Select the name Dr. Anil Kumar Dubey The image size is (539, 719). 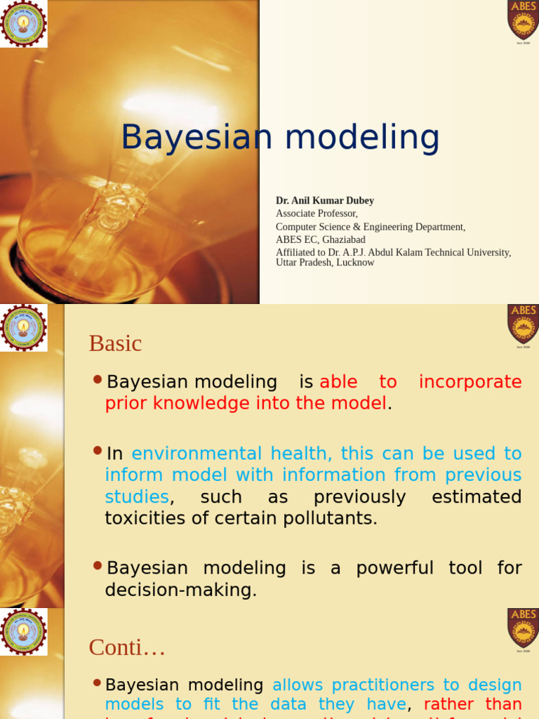pos(325,201)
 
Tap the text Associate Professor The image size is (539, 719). pos(317,213)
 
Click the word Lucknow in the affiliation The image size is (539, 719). pos(355,263)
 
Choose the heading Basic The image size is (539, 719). pos(115,343)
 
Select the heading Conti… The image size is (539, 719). pos(127,647)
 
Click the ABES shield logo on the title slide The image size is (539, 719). pos(523,20)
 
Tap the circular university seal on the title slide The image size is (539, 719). pos(23,23)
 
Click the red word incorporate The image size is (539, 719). pos(470,382)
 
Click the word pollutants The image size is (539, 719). pos(337,518)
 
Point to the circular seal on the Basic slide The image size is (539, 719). pos(23,328)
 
